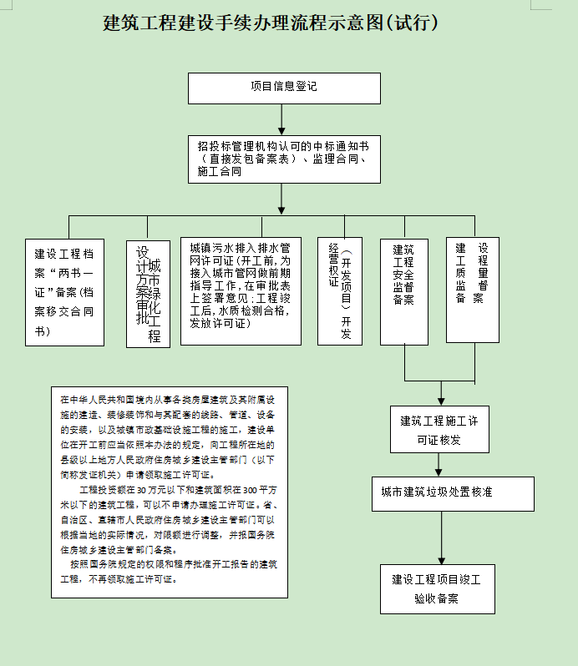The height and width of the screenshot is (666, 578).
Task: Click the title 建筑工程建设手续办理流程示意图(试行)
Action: coord(271,23)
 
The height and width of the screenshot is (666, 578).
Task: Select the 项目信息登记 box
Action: coord(284,88)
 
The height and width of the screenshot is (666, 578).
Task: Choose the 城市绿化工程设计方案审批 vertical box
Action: coord(148,294)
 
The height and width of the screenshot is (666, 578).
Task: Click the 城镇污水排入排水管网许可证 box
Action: coord(241,291)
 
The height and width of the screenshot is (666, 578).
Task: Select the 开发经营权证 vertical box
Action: coord(339,291)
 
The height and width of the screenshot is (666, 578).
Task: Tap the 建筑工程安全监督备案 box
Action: coord(403,291)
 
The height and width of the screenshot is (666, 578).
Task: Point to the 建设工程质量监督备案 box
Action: coord(472,290)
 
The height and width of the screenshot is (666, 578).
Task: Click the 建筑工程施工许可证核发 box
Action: coord(439,430)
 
